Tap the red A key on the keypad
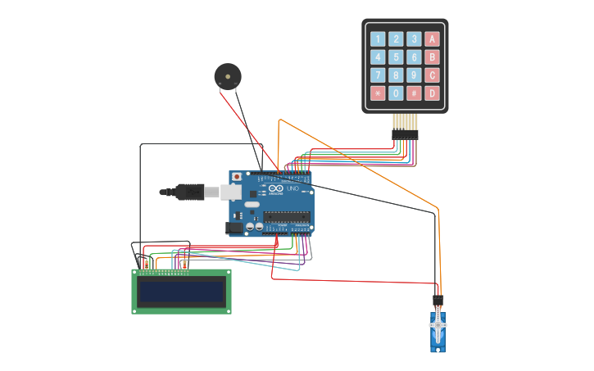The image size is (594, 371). (432, 39)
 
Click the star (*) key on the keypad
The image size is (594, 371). (378, 93)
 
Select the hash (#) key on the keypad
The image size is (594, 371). (414, 93)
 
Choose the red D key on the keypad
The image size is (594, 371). (432, 93)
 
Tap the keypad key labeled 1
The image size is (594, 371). (378, 39)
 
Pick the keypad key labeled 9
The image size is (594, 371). (414, 75)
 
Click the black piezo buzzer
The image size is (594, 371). (228, 76)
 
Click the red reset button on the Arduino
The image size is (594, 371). (237, 176)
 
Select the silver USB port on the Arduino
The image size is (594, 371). (231, 192)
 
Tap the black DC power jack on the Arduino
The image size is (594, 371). (235, 227)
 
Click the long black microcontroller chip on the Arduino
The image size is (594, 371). (287, 216)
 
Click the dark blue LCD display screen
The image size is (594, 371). (181, 292)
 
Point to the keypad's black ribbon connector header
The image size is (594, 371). (405, 134)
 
